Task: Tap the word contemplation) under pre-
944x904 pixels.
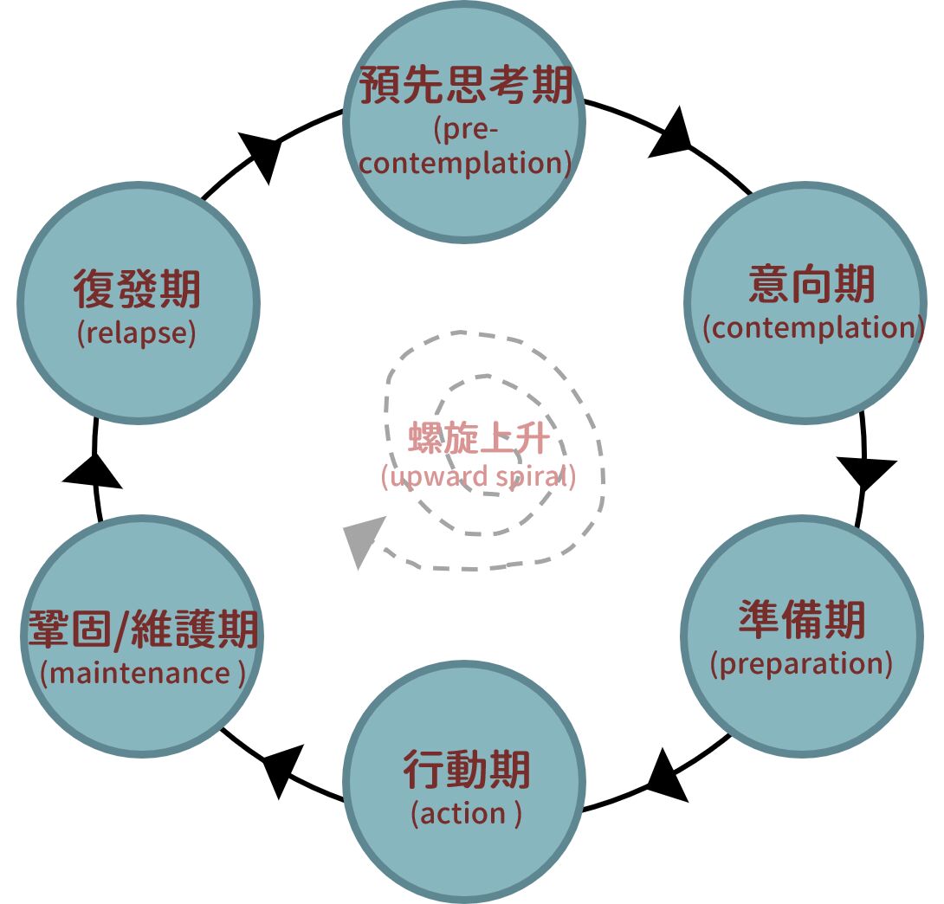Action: click(x=466, y=163)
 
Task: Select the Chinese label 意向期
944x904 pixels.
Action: click(x=811, y=284)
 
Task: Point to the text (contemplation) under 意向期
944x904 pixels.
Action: click(x=812, y=328)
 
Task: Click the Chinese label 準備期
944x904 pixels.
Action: click(x=802, y=620)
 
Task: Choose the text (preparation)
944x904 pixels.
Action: click(x=801, y=664)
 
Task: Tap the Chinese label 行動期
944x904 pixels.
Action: click(x=466, y=769)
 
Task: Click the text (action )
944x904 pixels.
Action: click(x=466, y=814)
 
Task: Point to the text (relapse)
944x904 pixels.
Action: click(x=137, y=333)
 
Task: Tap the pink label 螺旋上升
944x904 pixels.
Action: click(x=478, y=439)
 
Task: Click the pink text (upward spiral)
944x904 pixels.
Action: click(x=478, y=476)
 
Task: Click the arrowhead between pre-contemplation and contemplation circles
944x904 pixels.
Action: click(x=672, y=135)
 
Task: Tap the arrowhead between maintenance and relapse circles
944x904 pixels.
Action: click(x=93, y=472)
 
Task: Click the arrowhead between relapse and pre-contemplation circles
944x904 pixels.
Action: click(x=262, y=155)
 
